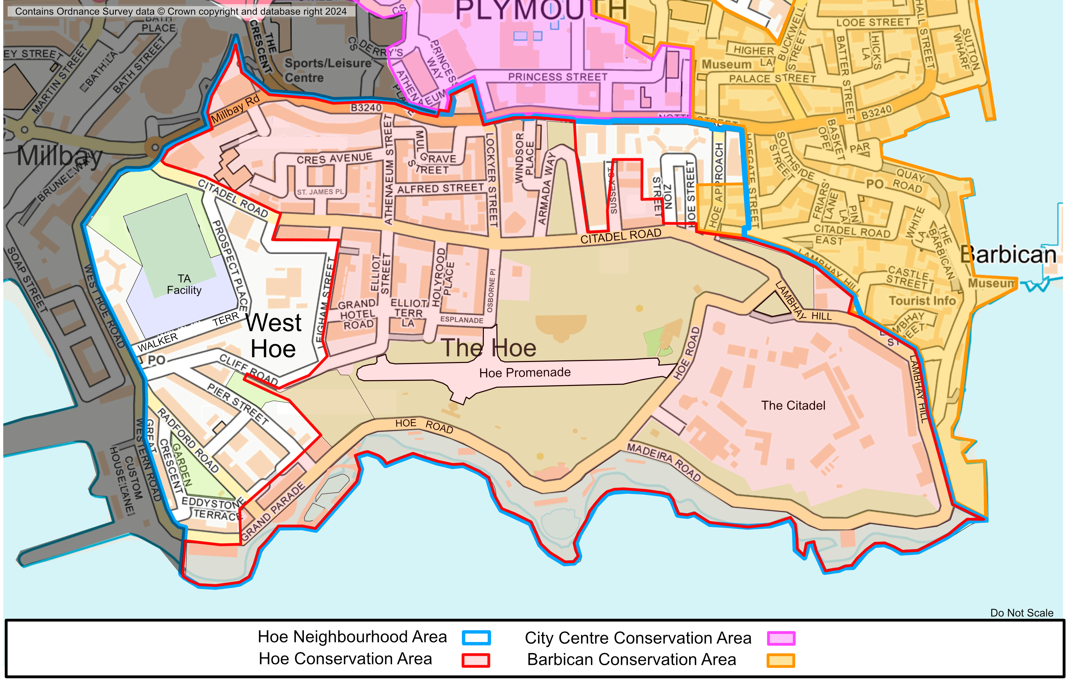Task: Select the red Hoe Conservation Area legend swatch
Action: [476, 660]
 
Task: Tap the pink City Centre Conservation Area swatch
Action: [781, 638]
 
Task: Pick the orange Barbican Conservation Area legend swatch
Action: [781, 660]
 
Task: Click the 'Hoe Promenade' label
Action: [525, 373]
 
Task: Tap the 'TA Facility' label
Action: [184, 284]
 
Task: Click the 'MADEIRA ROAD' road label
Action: [664, 462]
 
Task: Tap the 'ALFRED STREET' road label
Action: [440, 188]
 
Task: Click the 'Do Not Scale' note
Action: [1021, 613]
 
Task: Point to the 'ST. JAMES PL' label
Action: [320, 192]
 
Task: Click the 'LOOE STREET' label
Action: [873, 23]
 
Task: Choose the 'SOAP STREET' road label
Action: [27, 279]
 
